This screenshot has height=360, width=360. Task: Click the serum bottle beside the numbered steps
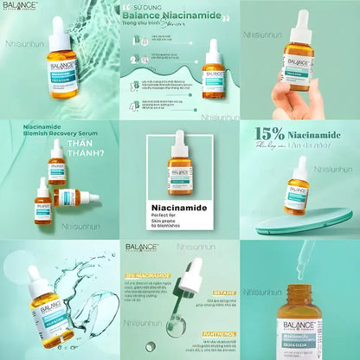(x=213, y=74)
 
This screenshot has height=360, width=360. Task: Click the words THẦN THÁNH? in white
(x=87, y=146)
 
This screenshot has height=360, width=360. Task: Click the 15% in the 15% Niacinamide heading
(x=268, y=134)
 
